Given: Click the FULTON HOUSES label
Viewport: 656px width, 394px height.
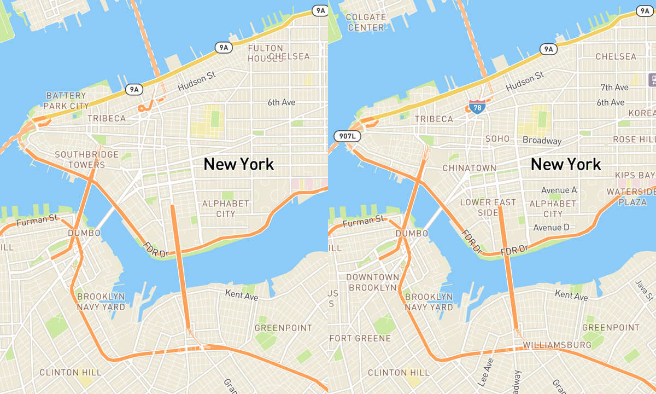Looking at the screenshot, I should tap(266, 53).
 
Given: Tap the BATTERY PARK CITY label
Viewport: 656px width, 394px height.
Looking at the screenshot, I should tap(67, 101).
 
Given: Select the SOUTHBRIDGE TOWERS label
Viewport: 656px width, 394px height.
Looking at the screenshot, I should tap(79, 159).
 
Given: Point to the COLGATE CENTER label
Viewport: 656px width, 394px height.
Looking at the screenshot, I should tap(366, 22).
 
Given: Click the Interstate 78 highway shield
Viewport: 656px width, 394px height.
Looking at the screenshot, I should tap(477, 107).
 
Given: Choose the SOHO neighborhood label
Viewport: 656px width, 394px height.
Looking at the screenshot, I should tap(497, 139).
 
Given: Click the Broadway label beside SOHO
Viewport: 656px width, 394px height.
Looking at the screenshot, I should tap(542, 141).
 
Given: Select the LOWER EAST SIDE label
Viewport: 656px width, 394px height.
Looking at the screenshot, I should tap(488, 207).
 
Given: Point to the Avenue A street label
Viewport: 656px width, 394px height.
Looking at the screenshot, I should tap(559, 190).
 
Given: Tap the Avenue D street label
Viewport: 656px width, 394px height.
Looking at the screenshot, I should tap(551, 227).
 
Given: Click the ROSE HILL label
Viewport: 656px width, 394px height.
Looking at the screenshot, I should tap(632, 140).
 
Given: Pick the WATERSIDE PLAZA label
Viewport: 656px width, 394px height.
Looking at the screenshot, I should tap(630, 197).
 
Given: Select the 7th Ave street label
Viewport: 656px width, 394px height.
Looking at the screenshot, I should tap(614, 88).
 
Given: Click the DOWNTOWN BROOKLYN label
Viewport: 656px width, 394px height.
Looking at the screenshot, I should tap(373, 282).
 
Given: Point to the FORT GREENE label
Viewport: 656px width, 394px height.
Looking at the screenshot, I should tap(360, 338).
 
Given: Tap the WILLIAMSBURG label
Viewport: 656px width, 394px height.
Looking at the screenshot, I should tap(557, 345).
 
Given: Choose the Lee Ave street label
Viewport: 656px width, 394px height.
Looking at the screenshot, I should tap(484, 372).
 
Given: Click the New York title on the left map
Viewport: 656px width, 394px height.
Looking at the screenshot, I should tap(239, 164).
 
